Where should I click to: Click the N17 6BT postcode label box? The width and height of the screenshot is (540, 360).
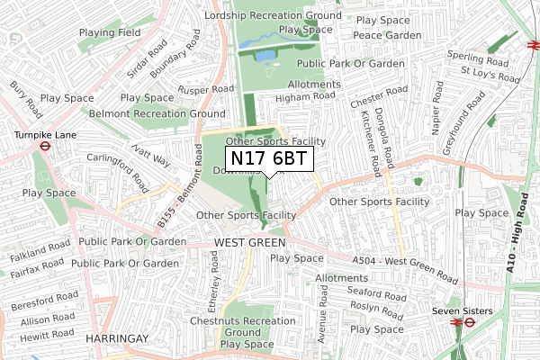(268, 158)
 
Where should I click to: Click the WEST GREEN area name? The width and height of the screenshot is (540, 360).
(249, 244)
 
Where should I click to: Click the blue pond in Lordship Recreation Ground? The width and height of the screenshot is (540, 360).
(265, 55)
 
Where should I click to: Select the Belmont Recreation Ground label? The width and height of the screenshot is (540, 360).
(157, 114)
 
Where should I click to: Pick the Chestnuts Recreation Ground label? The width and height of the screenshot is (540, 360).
(231, 327)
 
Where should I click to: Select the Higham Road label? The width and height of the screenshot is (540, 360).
(306, 95)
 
